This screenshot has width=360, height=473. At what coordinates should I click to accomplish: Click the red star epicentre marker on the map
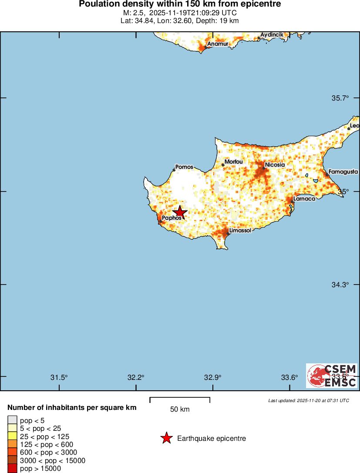tap(180, 212)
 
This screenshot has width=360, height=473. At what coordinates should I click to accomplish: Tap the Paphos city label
tap(172, 218)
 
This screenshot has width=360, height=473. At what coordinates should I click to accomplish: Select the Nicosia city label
tap(275, 165)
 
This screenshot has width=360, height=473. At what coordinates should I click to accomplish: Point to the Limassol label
tap(240, 230)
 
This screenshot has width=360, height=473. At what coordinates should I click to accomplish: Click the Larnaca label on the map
tap(304, 198)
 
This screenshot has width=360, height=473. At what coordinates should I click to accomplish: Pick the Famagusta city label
tap(343, 172)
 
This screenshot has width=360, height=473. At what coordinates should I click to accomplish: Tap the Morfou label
tap(233, 162)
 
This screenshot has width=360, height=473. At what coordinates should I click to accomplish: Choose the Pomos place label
tap(184, 167)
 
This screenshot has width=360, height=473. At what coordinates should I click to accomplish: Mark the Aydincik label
tap(272, 34)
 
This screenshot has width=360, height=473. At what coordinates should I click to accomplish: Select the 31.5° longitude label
tap(59, 377)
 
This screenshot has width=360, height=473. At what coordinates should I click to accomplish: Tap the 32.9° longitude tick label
tap(213, 377)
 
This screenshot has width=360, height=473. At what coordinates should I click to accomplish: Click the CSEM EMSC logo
tap(332, 376)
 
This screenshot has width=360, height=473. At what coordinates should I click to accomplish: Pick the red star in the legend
tap(166, 438)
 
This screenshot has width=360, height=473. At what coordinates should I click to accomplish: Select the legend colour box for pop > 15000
tap(12, 469)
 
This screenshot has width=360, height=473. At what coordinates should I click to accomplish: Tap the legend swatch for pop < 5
tap(12, 420)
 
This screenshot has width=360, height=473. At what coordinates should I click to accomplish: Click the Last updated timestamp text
tap(308, 400)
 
